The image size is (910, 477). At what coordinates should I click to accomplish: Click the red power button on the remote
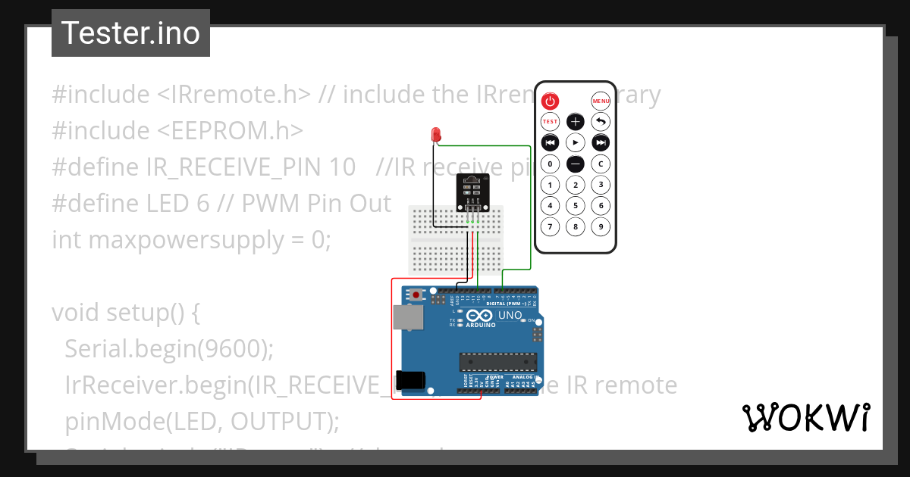point(550,101)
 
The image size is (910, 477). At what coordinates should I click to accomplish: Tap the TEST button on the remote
point(550,121)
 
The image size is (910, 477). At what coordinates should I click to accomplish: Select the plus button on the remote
point(576,121)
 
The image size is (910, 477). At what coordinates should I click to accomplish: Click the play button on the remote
point(576,142)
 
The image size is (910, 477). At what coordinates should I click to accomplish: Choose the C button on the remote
point(601,164)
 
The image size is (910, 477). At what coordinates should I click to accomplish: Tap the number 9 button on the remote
point(601,226)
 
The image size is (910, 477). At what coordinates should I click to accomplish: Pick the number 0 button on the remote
point(550,164)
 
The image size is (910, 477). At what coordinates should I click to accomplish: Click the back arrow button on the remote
point(601,121)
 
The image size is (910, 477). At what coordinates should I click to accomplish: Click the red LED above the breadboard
point(436,135)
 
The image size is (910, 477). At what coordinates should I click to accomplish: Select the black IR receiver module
point(471,192)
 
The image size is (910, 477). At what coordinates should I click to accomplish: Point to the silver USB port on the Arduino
point(407,318)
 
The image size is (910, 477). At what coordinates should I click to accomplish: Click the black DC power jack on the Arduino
point(410,380)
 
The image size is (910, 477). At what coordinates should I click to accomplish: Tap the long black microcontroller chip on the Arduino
point(497,363)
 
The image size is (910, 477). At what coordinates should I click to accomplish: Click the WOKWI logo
point(805,417)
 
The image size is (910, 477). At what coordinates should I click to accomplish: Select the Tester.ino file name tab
point(130,33)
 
